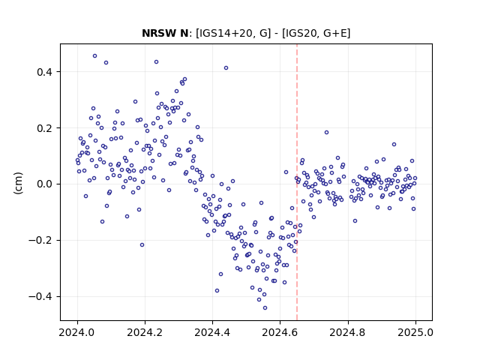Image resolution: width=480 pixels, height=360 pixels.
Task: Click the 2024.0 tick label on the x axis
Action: (77, 332)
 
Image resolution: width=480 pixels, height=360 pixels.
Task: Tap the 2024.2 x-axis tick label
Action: (145, 332)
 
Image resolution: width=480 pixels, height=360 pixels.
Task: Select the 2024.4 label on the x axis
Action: (212, 332)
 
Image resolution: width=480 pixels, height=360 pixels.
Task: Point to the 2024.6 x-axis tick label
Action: (280, 332)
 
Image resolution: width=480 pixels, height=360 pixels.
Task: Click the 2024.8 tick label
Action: (348, 332)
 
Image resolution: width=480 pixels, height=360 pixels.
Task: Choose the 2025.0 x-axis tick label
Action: (415, 332)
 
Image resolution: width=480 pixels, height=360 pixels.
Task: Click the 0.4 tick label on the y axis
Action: (44, 72)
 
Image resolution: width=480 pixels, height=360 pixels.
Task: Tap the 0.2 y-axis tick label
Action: (44, 128)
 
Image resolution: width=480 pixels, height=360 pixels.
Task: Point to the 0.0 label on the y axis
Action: (44, 184)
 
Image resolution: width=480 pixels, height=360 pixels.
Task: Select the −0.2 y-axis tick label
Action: (40, 241)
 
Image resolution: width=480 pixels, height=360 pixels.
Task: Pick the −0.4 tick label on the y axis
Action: (40, 297)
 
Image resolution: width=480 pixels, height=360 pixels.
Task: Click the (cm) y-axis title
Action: (18, 183)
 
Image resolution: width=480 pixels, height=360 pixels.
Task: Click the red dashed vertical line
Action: (297, 182)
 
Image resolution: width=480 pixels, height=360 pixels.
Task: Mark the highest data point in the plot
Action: (95, 56)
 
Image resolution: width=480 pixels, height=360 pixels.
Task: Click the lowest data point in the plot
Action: (265, 308)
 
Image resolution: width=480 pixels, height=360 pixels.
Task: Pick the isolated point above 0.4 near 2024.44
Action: (226, 68)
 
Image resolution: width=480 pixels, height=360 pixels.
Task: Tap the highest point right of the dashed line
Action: (327, 133)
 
